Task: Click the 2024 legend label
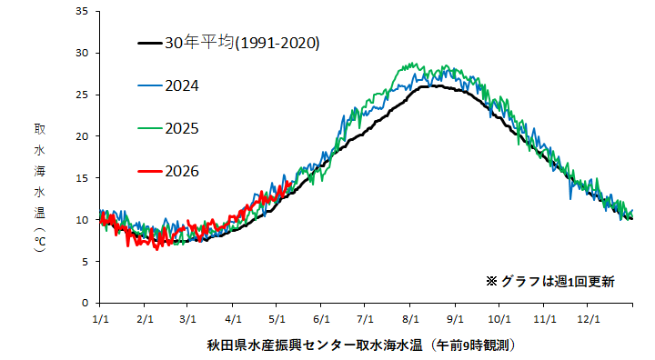tap(182, 86)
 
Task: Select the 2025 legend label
tap(182, 128)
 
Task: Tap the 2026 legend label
tap(182, 171)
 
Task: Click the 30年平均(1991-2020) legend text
tap(242, 43)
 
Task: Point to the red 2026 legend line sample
tap(150, 171)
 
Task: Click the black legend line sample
tap(150, 43)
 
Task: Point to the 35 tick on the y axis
tap(82, 11)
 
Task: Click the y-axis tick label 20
tap(82, 136)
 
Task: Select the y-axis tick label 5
tap(86, 262)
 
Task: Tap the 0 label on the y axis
tap(86, 303)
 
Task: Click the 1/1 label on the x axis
tap(100, 319)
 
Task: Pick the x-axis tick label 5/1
tap(277, 319)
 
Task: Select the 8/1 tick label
tap(410, 319)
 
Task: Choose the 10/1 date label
tap(499, 319)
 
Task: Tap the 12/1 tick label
tap(589, 319)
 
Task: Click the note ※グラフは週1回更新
tap(550, 282)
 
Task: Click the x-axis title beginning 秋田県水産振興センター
tap(361, 345)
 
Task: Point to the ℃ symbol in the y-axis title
tap(40, 242)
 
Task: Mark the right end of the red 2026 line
tap(290, 182)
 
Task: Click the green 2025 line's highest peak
tap(413, 63)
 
